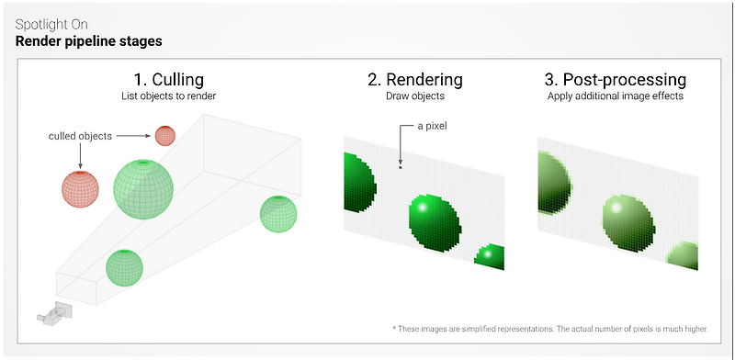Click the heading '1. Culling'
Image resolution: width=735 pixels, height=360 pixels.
coord(168,80)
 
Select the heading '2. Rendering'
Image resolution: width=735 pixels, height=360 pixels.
coord(415,80)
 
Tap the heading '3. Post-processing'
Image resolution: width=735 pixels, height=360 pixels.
coord(615,80)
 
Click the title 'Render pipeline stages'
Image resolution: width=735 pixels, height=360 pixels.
coord(88,41)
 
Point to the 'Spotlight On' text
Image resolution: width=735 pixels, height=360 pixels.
coord(51,25)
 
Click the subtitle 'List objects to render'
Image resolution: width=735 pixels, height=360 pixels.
coord(168,97)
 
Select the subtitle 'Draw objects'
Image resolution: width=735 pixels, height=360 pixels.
coord(415,97)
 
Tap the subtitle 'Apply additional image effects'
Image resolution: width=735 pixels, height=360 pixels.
coord(616,97)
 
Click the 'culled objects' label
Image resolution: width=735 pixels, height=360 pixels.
coord(80,137)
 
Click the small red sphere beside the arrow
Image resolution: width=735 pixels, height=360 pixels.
coord(165,136)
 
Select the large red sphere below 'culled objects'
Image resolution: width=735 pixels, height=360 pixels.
coord(80,189)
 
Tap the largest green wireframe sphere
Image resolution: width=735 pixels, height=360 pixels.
coord(143,189)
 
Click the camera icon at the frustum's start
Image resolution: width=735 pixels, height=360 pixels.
coord(55,313)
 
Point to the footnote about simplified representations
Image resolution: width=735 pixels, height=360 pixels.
coord(549,329)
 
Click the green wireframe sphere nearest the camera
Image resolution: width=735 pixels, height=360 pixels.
coord(124,267)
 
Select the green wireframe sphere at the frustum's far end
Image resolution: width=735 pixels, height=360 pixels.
coord(278,214)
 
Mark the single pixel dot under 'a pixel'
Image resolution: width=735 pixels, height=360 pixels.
coord(401,167)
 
